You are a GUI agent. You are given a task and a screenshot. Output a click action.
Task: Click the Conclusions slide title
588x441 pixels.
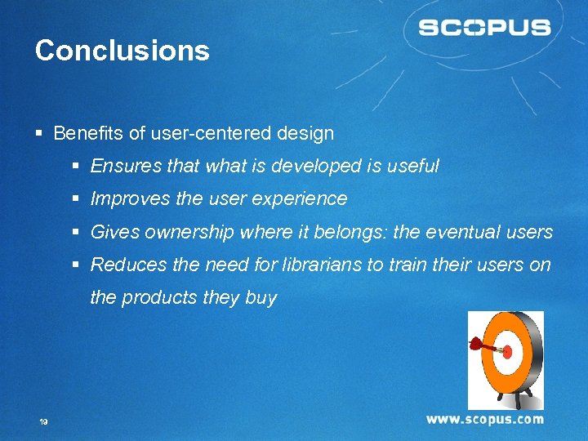coord(122,51)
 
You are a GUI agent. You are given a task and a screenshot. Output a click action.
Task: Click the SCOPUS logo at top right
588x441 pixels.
coord(484,28)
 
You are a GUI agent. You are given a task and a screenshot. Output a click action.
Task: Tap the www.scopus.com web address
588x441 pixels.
coord(484,419)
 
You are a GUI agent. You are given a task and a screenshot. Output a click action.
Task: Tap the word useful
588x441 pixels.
coord(413,166)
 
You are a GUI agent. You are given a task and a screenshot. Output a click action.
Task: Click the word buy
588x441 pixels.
coord(261,298)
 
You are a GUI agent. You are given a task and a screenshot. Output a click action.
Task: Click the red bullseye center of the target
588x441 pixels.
coord(506,352)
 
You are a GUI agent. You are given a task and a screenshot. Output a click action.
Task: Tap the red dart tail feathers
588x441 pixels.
coord(474,344)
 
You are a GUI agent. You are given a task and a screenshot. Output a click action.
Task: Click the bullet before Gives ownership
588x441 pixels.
coord(76,233)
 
